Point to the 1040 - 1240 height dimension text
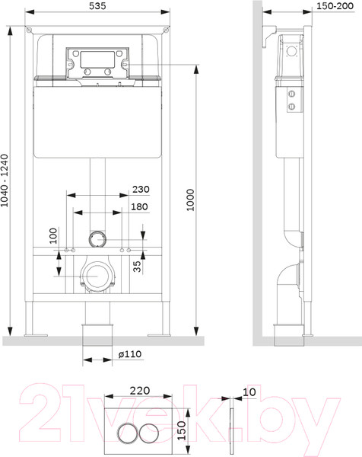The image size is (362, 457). tap(7, 184)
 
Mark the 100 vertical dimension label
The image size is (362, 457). tap(53, 235)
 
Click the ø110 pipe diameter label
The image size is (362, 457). tap(129, 354)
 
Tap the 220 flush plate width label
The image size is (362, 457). tap(139, 388)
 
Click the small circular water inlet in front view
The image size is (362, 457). tap(97, 239)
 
